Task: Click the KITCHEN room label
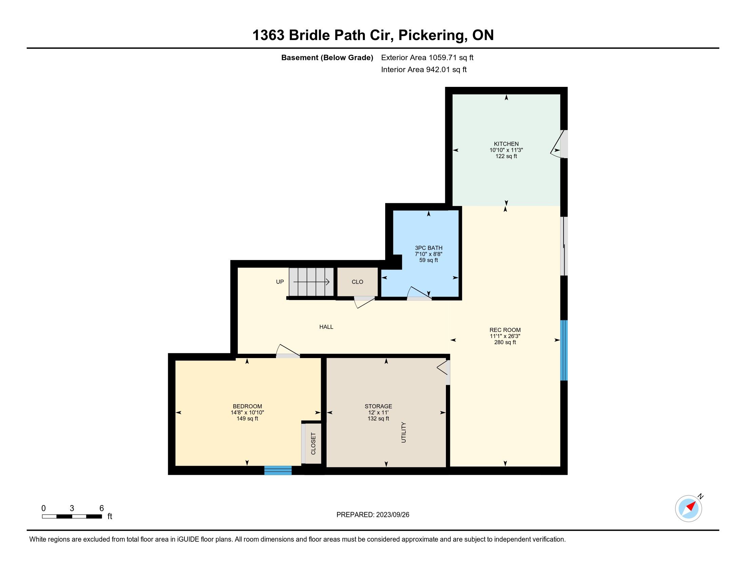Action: click(x=506, y=144)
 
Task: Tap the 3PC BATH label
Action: click(x=429, y=248)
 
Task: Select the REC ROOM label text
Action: click(x=505, y=330)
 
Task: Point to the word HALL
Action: click(x=326, y=327)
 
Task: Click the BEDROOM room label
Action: click(x=247, y=406)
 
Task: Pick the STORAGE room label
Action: click(x=378, y=406)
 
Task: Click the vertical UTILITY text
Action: click(x=404, y=432)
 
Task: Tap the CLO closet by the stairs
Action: click(x=358, y=282)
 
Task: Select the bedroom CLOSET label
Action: click(x=313, y=444)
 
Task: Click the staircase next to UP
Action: click(x=311, y=282)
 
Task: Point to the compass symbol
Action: click(x=689, y=508)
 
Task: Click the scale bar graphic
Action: click(x=72, y=517)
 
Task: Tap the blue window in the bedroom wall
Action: click(x=278, y=470)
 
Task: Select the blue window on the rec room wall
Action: click(x=564, y=350)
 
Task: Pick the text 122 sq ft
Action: click(x=506, y=156)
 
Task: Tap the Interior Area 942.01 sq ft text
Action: click(x=424, y=69)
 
